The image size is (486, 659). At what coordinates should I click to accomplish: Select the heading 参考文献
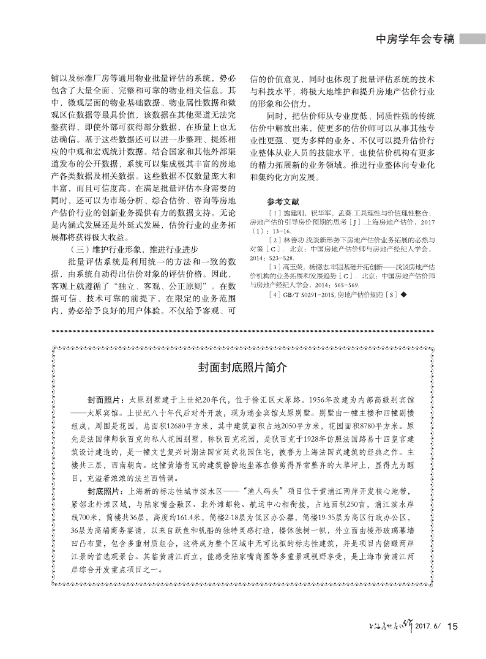tap(282, 201)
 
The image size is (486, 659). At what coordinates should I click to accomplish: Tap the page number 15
tap(453, 626)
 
